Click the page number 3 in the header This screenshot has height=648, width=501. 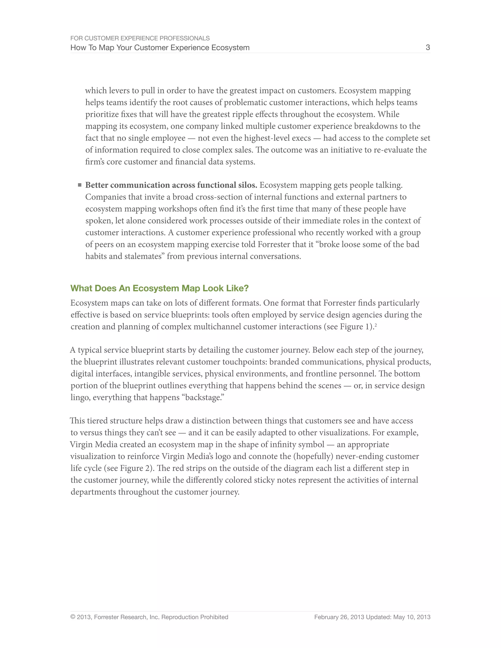click(x=428, y=47)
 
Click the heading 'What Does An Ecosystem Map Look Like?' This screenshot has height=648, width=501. click(x=159, y=288)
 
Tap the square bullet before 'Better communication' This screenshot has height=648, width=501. click(x=80, y=185)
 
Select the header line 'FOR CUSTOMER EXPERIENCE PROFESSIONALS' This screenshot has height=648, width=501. click(x=140, y=38)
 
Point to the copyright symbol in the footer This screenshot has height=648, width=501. click(x=73, y=617)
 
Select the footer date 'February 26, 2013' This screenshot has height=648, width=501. click(x=339, y=617)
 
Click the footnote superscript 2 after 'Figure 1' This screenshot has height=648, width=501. click(x=376, y=325)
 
